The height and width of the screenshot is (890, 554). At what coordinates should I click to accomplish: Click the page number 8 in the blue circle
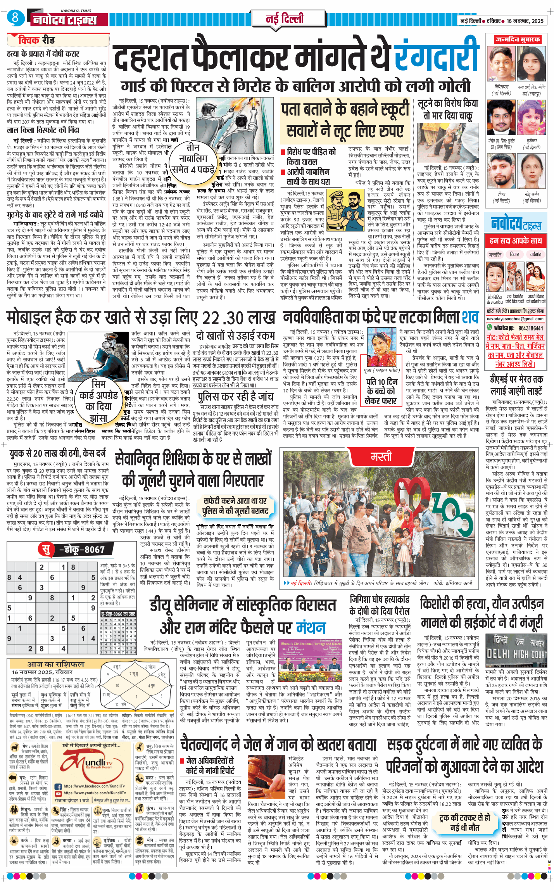[x=15, y=17]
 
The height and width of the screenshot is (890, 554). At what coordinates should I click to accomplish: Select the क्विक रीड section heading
[x=36, y=40]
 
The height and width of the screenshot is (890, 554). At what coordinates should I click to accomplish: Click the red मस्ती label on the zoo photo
[x=381, y=456]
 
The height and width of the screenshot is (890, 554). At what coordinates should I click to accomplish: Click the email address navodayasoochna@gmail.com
[x=515, y=319]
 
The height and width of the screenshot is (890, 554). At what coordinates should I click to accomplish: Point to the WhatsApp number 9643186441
[x=531, y=328]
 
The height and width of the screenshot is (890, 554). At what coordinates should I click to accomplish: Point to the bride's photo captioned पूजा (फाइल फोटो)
[x=381, y=347]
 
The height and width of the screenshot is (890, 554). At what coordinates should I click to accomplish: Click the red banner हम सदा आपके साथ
[x=515, y=241]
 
